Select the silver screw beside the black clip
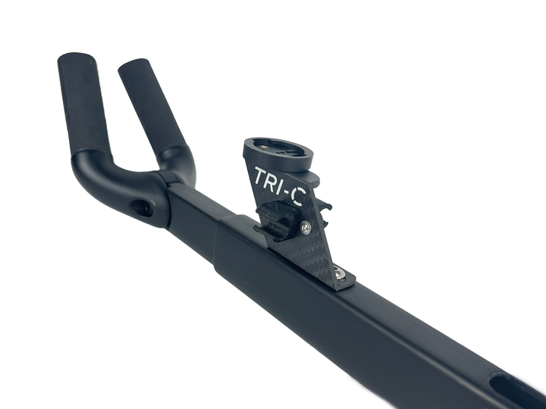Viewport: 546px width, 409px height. pyautogui.click(x=306, y=227)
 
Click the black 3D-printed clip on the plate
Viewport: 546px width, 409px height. pyautogui.click(x=278, y=222)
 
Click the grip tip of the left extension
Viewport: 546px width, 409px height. pyautogui.click(x=75, y=58)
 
